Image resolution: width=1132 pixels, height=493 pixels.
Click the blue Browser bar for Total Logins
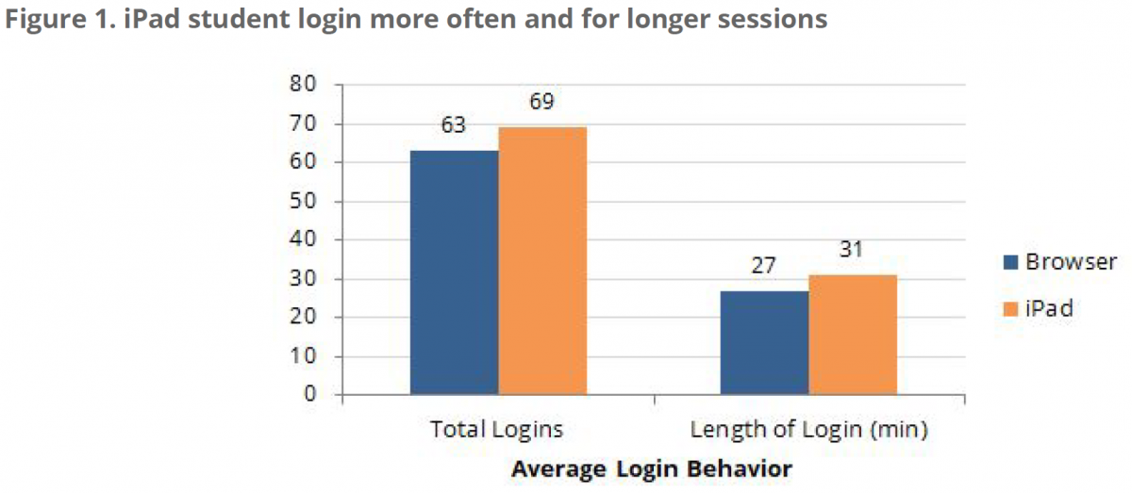[x=454, y=272]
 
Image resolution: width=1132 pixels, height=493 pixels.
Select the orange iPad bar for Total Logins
[x=542, y=261]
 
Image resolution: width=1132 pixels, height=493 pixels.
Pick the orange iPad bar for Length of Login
[x=853, y=335]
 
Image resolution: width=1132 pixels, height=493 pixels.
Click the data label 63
[x=454, y=126]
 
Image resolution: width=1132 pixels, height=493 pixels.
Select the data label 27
[x=763, y=266]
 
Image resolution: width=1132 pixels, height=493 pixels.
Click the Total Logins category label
[x=496, y=430]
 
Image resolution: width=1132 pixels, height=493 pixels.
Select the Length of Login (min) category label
[x=809, y=430]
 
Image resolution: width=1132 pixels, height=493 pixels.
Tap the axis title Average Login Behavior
[x=651, y=468]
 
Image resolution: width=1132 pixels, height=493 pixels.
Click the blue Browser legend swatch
[x=1010, y=262]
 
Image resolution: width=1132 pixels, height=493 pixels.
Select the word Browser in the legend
[x=1071, y=262]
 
